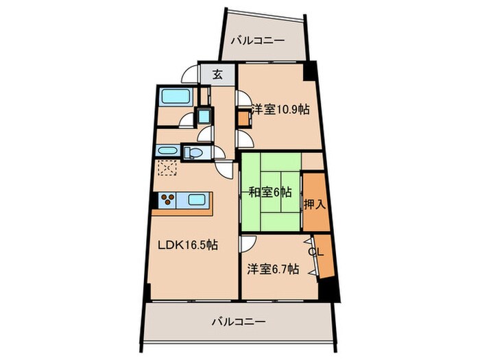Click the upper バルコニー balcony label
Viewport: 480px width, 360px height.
[257, 40]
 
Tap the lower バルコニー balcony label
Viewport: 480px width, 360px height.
[238, 320]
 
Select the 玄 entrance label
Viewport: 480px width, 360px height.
[217, 73]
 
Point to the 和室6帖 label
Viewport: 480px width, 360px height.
[269, 192]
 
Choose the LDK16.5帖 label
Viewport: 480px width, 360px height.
[189, 245]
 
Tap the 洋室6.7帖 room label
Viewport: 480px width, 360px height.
[273, 269]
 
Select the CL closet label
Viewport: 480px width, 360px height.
[315, 252]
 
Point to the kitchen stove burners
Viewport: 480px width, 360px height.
[168, 201]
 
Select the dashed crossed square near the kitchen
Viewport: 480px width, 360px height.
[167, 168]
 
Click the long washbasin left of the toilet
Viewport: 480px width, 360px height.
[167, 151]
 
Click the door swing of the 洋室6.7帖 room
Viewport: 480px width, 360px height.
[248, 243]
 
